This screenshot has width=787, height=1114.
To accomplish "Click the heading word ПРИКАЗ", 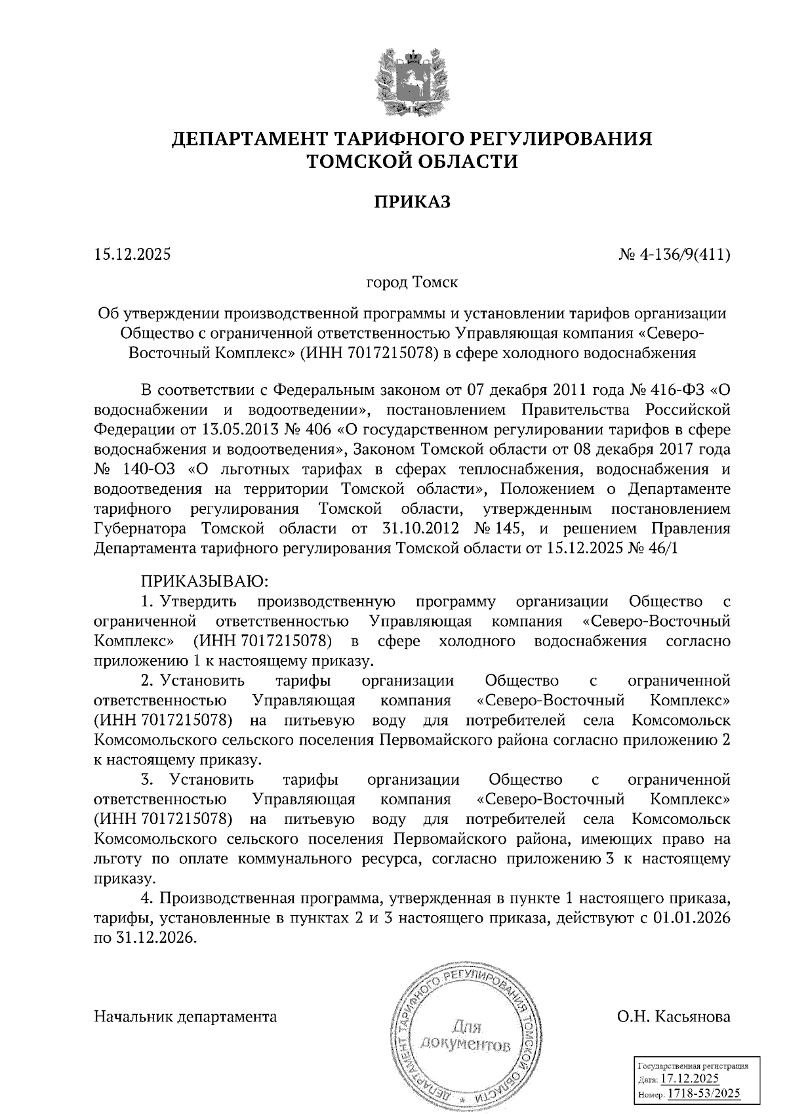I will coord(413,203).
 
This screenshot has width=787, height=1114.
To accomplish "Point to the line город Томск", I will coord(412,283).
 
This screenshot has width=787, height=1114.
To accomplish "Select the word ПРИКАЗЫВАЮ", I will coord(201,581).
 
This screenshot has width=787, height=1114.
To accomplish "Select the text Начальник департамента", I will coord(186,1018).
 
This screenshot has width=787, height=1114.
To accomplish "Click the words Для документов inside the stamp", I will coord(466,1035).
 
